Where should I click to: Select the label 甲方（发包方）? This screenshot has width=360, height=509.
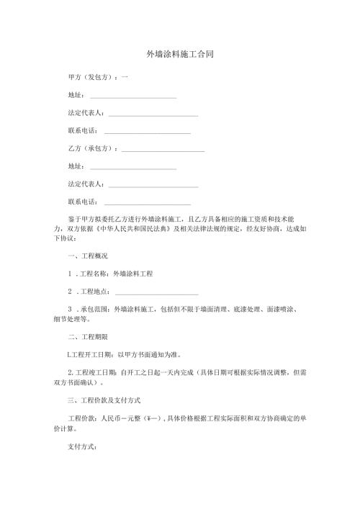(89, 77)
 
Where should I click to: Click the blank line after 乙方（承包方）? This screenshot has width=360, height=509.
(163, 149)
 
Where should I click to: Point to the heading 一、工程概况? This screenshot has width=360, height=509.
(87, 256)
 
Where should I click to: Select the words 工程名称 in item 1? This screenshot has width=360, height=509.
(91, 274)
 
